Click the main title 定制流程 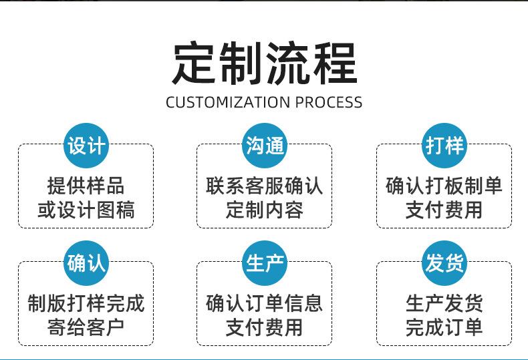point(264,64)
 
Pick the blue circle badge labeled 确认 point(86,263)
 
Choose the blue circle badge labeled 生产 point(265,263)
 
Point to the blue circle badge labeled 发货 point(444,263)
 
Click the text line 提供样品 point(86,186)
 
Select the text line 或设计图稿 point(86,210)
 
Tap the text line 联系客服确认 point(265,186)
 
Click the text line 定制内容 point(265,210)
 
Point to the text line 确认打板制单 point(444,186)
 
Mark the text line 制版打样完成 point(86,304)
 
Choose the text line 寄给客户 point(86,328)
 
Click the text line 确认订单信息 point(265,304)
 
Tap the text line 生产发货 point(444,304)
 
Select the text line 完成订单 point(444,328)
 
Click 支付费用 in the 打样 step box point(444,210)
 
